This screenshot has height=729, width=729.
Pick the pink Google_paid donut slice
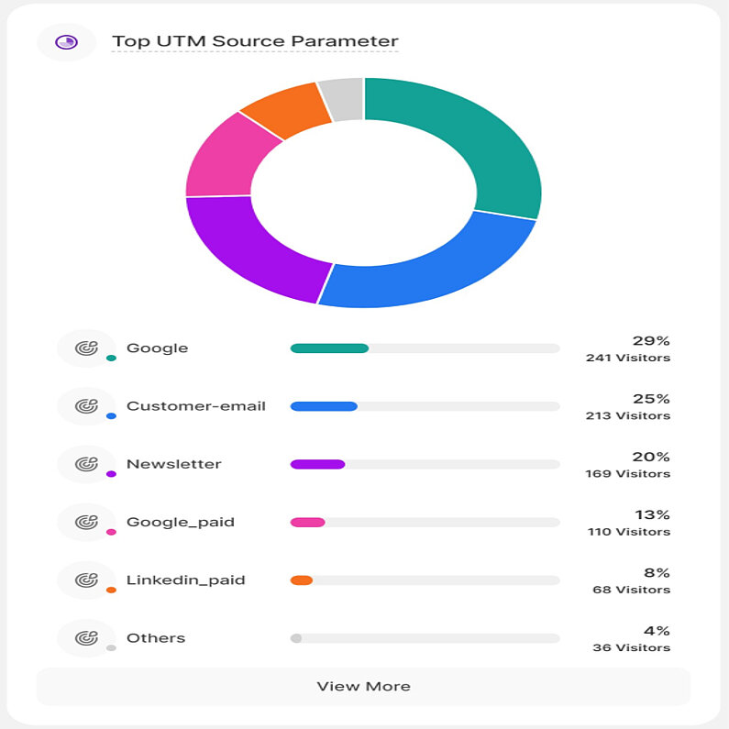click(x=221, y=156)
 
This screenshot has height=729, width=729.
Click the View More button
click(x=363, y=687)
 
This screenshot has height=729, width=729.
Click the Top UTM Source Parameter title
click(x=255, y=41)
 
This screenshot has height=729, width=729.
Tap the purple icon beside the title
click(x=66, y=41)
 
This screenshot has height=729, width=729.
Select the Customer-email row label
click(x=196, y=406)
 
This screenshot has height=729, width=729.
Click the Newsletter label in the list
click(x=173, y=464)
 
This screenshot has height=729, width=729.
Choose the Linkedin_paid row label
click(x=185, y=580)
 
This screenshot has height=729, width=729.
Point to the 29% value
click(x=651, y=341)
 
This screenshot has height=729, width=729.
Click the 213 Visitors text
click(x=628, y=416)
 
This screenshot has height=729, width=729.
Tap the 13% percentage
click(x=652, y=514)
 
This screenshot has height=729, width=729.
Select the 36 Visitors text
click(x=631, y=648)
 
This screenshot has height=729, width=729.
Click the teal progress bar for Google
click(x=329, y=348)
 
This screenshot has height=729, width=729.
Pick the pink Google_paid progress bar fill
click(x=307, y=523)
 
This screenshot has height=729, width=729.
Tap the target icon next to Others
click(x=86, y=638)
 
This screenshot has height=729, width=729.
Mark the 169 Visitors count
click(x=628, y=474)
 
